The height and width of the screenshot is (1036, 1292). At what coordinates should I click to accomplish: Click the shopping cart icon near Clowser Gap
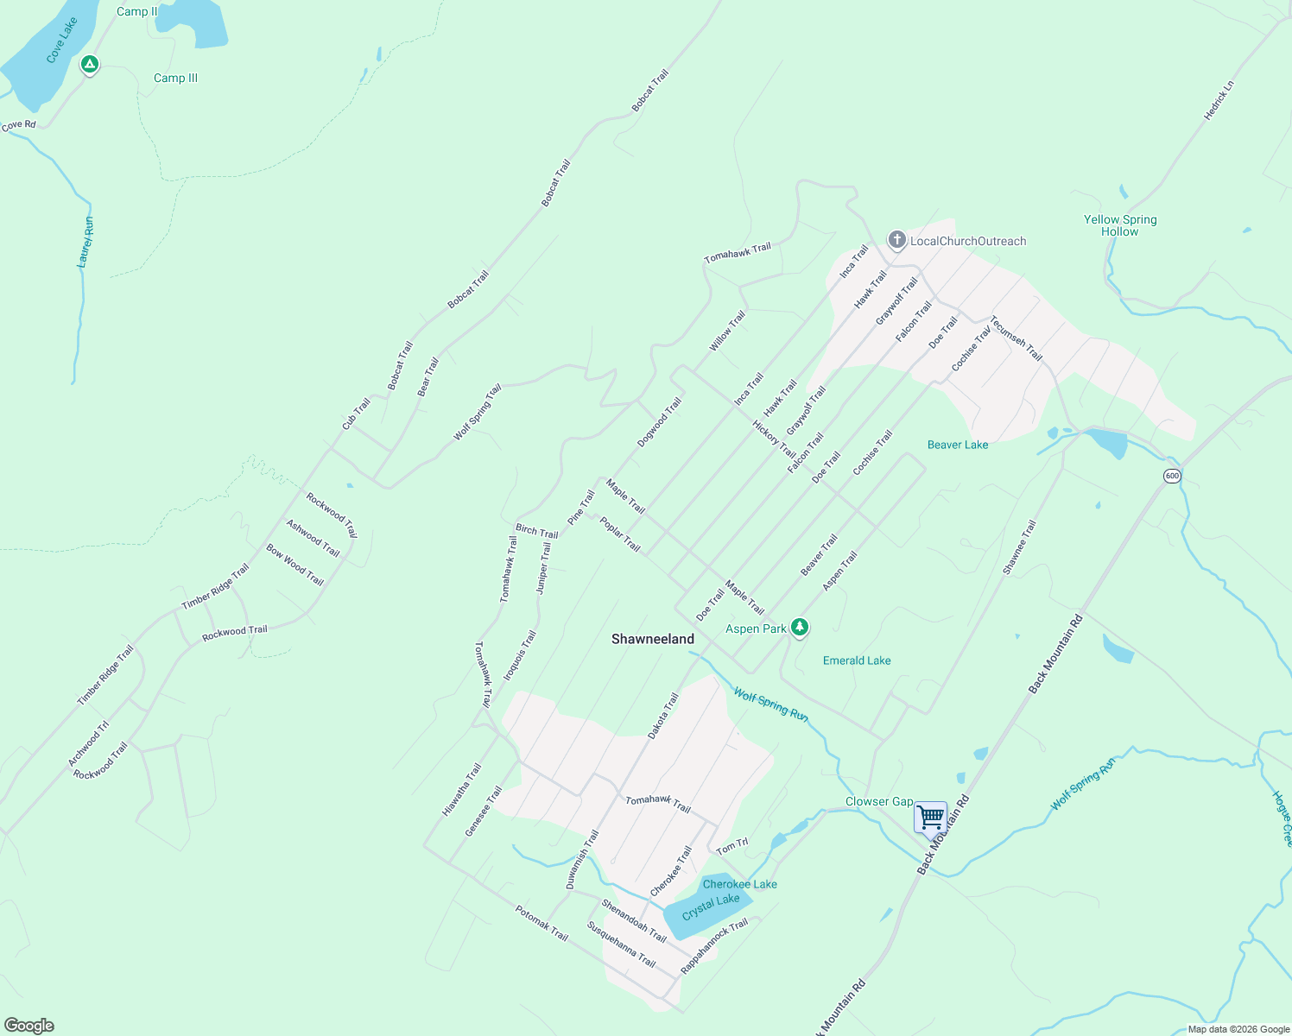pos(930,817)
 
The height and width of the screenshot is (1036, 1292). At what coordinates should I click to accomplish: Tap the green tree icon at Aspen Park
pos(800,628)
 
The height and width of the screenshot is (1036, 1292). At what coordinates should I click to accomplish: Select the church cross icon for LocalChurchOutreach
pos(897,240)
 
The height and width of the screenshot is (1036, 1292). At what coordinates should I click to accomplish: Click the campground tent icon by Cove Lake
pos(89,65)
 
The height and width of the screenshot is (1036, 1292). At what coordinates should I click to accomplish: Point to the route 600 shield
pos(1171,476)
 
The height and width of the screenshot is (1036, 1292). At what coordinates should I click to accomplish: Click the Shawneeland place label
pos(653,639)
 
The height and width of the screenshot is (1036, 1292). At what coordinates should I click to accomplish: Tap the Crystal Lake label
pos(711,906)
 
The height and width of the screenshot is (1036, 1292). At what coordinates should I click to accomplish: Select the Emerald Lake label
pos(857,660)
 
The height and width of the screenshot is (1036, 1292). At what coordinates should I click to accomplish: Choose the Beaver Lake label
pos(958,445)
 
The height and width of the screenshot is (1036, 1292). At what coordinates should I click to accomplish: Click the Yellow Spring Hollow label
pos(1120,225)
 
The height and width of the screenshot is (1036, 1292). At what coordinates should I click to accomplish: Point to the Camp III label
pos(175,78)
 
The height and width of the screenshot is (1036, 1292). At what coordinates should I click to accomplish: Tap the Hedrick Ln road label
pos(1219,100)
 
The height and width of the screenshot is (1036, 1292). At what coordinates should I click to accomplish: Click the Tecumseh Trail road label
pos(1016,338)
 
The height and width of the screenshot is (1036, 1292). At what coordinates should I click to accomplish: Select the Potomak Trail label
pos(541,923)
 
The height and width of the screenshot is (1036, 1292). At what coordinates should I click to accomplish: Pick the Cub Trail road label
pos(356,414)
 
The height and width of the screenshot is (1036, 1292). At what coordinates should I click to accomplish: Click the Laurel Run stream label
pos(85,243)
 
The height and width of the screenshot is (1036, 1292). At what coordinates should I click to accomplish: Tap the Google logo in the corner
pos(28,1026)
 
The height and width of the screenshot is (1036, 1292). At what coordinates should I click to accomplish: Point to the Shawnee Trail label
pos(1019,547)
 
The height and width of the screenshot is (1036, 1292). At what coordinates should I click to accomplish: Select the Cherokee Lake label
pos(739,884)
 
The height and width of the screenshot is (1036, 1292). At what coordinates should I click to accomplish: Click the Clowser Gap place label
pos(878,801)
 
